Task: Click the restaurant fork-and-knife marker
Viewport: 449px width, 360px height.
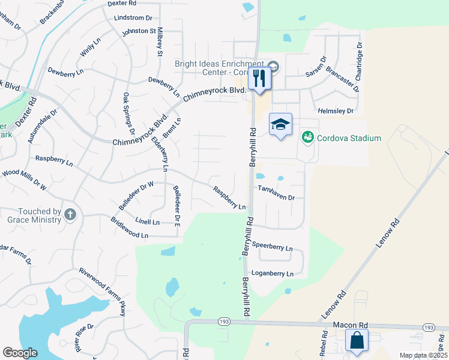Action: click(x=259, y=79)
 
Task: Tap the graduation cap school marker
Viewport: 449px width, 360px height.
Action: click(x=280, y=125)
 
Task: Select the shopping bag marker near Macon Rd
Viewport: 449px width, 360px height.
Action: click(x=357, y=341)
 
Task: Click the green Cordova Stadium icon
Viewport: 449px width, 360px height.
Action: click(x=308, y=138)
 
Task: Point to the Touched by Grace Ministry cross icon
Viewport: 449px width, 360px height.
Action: click(x=70, y=214)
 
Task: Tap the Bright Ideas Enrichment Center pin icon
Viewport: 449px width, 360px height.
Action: click(x=273, y=67)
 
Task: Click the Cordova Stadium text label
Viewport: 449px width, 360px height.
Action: click(x=349, y=138)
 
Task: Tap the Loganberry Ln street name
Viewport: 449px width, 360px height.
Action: click(x=273, y=274)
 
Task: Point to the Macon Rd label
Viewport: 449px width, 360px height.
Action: click(x=350, y=325)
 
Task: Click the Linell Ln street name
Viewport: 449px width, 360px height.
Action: click(x=148, y=222)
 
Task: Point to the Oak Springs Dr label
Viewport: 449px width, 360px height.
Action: click(x=128, y=113)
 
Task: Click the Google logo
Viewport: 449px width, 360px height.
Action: click(x=21, y=352)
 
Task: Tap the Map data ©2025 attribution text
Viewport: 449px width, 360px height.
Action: click(x=423, y=355)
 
